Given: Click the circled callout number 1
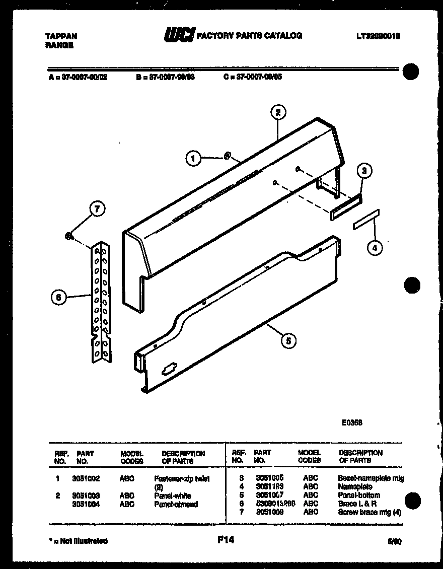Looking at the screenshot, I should tap(192, 159).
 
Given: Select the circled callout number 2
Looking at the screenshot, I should tap(277, 112).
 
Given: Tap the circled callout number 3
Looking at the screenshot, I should tap(364, 171).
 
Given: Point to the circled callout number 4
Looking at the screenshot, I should tap(374, 247).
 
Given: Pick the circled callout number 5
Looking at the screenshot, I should tap(288, 341).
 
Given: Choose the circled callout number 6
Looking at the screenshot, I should tap(59, 298).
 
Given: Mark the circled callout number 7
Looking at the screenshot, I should tap(97, 209).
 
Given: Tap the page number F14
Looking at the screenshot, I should tap(226, 540).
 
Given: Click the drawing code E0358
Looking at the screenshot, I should tap(352, 422).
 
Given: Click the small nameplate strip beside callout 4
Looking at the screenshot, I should tap(366, 220).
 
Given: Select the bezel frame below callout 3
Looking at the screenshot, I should tap(346, 207).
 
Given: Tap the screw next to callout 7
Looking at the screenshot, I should tap(68, 235).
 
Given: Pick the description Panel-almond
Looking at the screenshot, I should tap(176, 504).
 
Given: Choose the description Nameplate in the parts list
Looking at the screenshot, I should tap(355, 486).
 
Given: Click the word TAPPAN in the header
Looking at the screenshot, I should tap(61, 36).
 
